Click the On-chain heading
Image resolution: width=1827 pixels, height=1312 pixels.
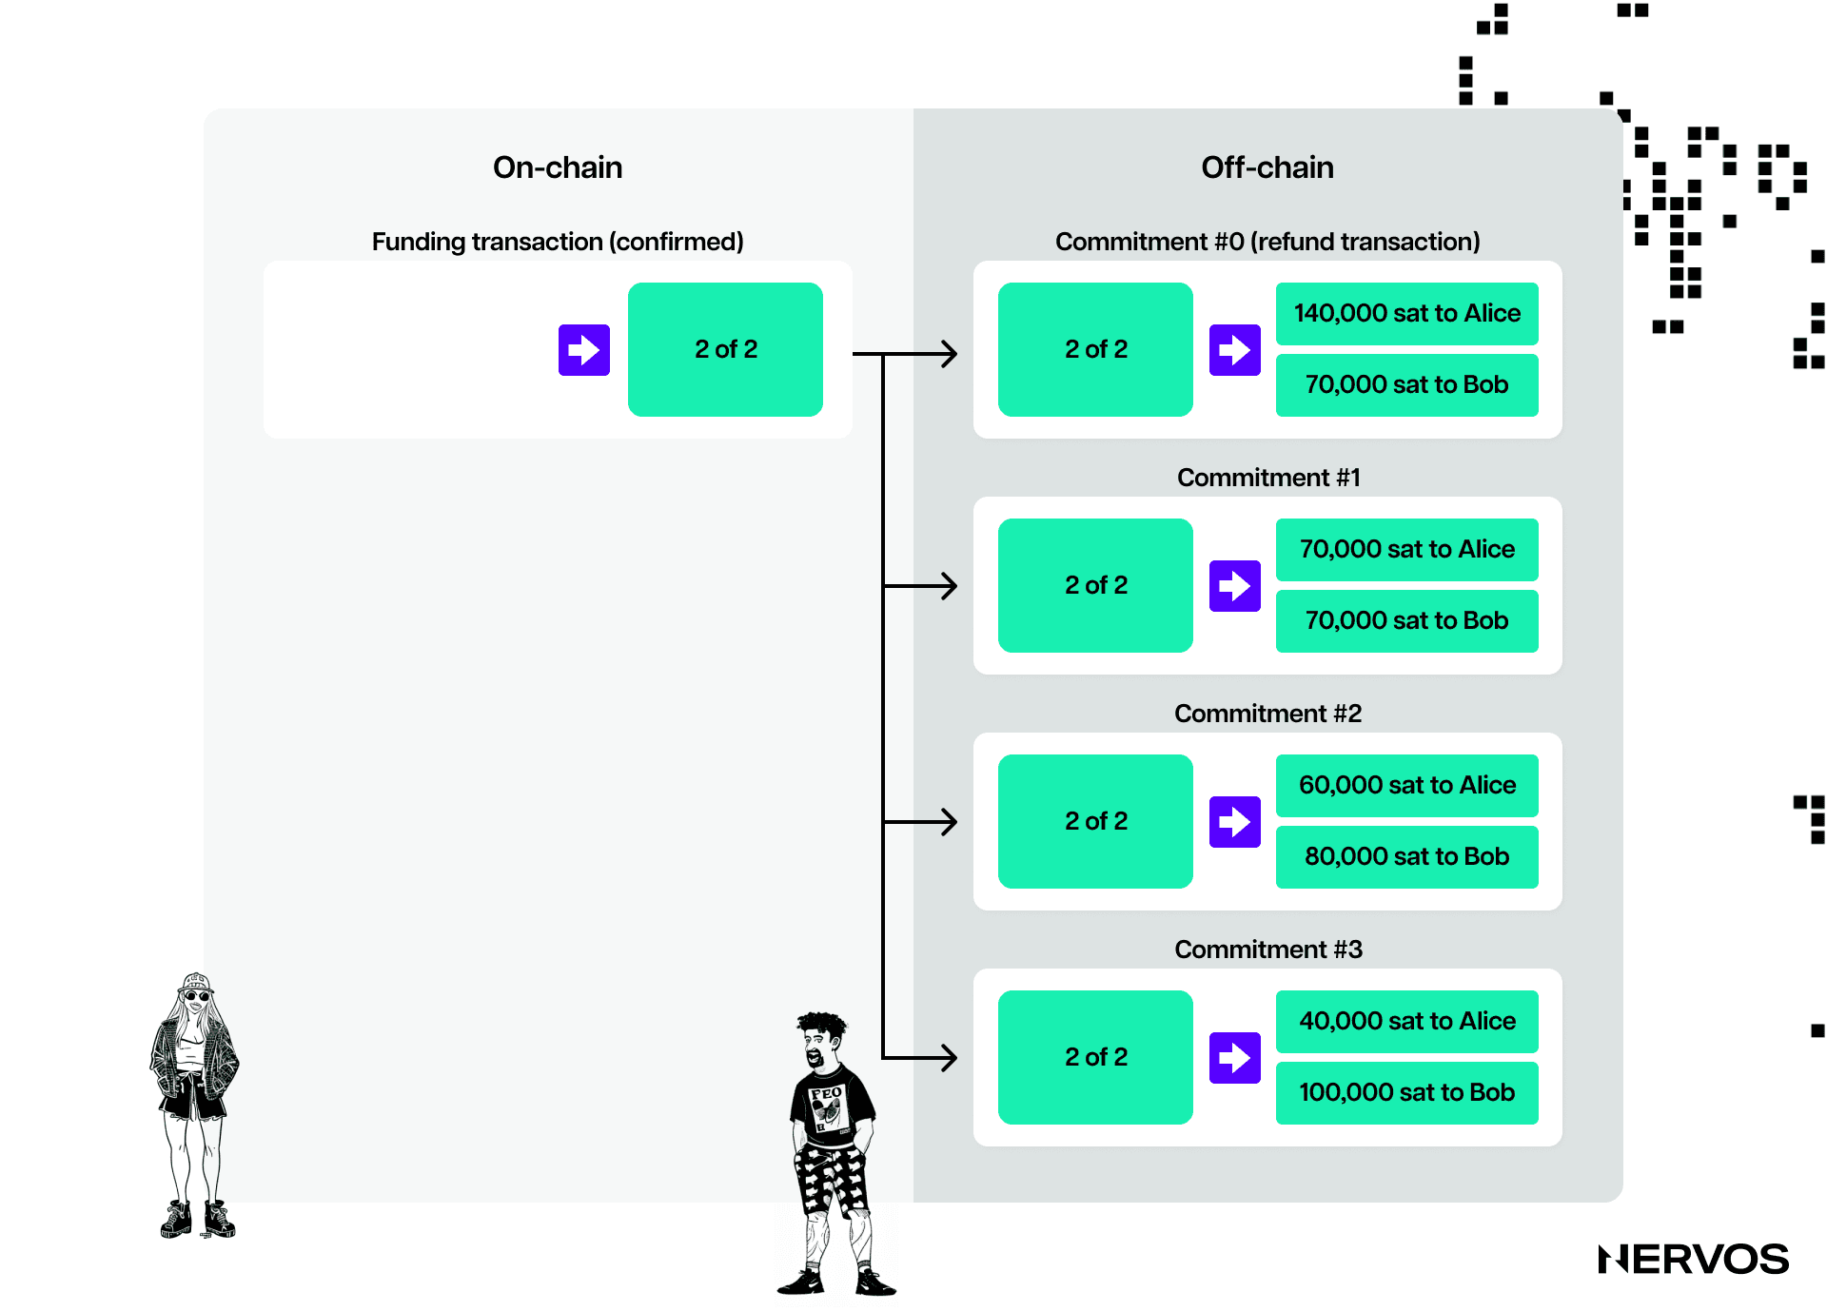[558, 167]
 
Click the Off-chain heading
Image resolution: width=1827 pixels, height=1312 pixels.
[1267, 167]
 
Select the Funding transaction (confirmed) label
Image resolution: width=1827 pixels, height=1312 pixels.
[558, 242]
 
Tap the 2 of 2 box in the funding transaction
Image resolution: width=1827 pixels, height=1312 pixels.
[725, 349]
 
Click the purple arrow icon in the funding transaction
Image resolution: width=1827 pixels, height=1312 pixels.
[583, 350]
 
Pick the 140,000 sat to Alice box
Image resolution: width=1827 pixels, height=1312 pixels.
[1406, 313]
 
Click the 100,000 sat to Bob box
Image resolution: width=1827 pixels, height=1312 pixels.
[1406, 1092]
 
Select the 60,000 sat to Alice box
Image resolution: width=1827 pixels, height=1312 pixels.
[1406, 785]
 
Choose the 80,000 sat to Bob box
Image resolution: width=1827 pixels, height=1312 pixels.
[1406, 856]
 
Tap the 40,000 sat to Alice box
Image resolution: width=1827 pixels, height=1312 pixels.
[1406, 1021]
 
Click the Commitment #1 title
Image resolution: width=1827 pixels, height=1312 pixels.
[1267, 478]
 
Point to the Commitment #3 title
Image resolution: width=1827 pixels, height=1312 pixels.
[1267, 950]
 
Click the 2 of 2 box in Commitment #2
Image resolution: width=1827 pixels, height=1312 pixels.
[1095, 821]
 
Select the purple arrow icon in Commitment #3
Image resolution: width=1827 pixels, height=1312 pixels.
[1234, 1057]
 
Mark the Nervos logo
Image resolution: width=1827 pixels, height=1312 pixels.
[1693, 1259]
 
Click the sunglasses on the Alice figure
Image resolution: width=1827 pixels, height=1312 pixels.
[197, 996]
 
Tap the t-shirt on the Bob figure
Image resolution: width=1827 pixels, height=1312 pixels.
[830, 1104]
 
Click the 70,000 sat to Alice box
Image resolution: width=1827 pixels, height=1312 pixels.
[1406, 549]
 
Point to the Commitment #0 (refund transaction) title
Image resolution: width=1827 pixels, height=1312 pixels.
[1267, 242]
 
